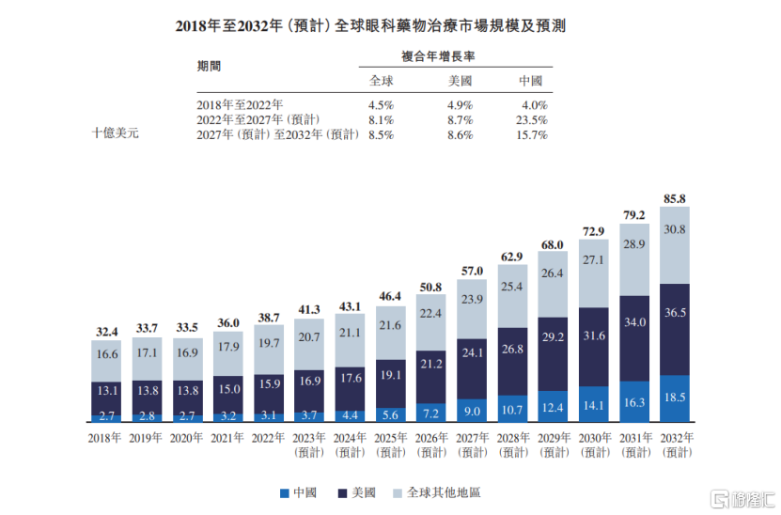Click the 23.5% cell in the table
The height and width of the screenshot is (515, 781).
(531, 120)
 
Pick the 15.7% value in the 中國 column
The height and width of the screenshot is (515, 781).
(531, 135)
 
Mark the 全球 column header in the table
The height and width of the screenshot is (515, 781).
(381, 81)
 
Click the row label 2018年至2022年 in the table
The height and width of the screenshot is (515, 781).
(240, 105)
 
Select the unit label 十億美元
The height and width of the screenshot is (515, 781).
(116, 134)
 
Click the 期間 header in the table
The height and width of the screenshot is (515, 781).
(210, 67)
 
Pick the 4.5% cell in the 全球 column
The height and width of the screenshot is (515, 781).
(381, 105)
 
